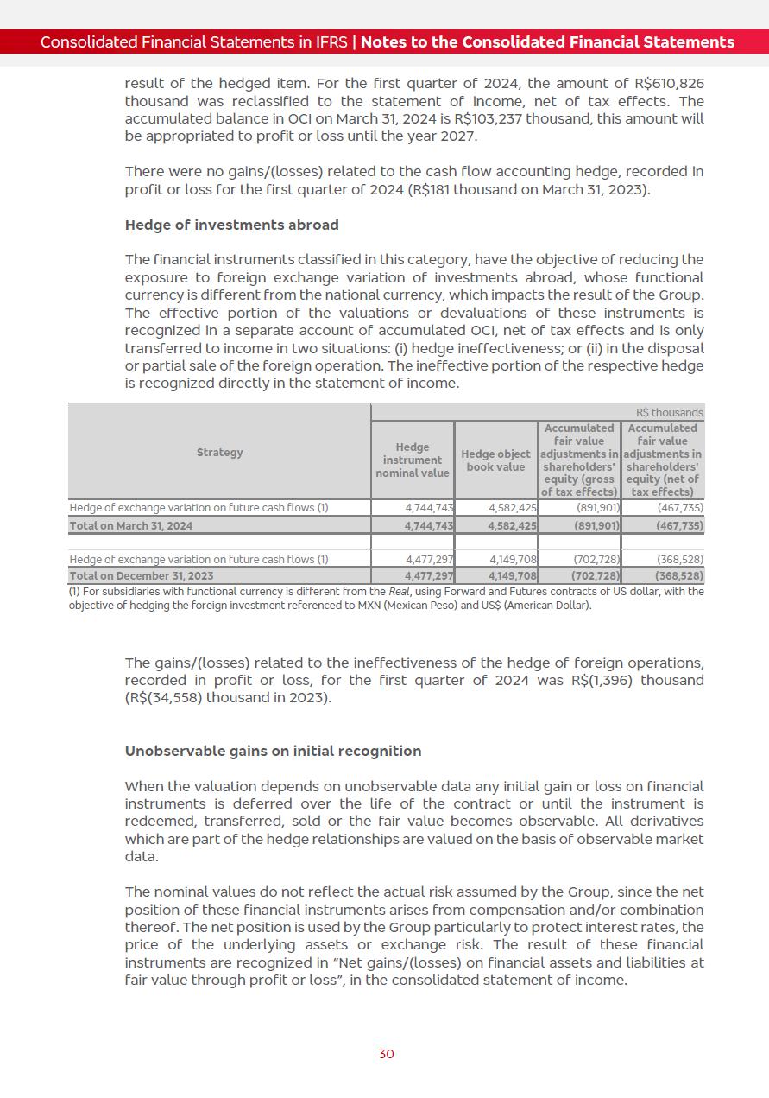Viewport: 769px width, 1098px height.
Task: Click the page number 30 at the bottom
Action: coord(386,1054)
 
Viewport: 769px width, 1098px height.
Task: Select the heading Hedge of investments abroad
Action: coord(231,225)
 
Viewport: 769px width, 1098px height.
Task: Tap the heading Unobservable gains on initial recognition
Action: coord(273,751)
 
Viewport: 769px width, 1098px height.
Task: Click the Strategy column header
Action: coord(219,453)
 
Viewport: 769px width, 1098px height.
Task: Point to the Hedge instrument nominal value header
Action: coord(413,460)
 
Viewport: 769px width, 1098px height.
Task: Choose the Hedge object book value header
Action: coord(495,460)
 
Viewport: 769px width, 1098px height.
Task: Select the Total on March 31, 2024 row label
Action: coord(131,525)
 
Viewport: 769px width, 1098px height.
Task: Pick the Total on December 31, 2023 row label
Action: coord(141,576)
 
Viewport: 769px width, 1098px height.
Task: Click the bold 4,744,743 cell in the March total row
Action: coord(429,525)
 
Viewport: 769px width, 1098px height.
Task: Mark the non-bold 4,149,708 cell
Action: coord(513,559)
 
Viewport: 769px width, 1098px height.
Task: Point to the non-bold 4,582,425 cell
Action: coord(513,508)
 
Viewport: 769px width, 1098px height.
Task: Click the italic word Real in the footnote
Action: coord(403,592)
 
